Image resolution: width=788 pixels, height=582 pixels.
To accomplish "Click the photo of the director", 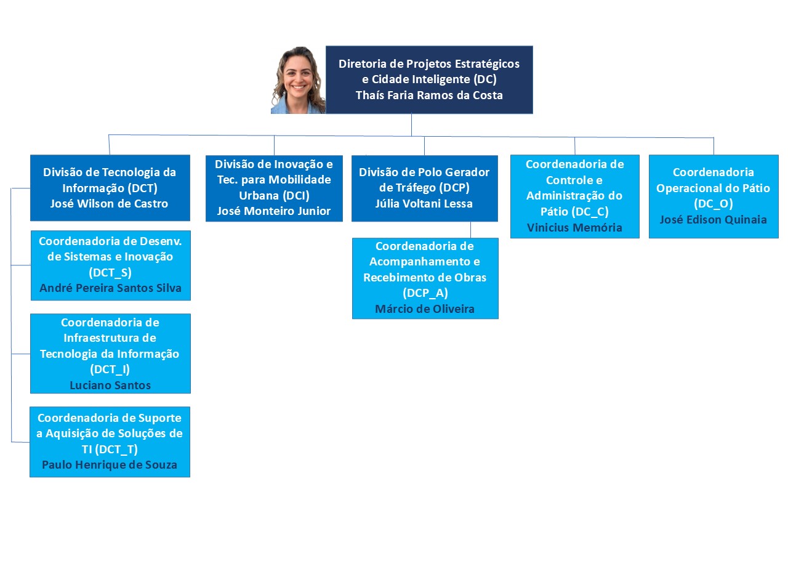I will click(298, 80).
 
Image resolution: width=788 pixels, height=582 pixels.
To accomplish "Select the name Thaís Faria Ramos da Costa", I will click(429, 95).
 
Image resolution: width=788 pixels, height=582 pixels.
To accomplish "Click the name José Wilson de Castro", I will click(110, 204).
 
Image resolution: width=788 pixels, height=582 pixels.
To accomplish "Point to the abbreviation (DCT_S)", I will click(111, 272).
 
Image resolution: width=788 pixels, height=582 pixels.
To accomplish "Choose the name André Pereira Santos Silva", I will click(111, 288).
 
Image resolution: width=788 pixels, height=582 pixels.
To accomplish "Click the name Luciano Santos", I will click(110, 385).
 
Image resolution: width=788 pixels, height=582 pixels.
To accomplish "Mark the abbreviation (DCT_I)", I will click(110, 370).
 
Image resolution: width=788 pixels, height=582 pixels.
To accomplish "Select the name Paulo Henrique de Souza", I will click(110, 464).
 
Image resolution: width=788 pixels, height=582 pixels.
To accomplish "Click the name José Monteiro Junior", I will click(274, 211).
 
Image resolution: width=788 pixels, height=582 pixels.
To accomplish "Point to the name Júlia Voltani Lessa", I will click(424, 203).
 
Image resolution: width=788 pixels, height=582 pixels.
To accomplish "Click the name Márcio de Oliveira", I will click(425, 309).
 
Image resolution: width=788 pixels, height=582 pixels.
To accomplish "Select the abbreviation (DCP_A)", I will click(425, 293).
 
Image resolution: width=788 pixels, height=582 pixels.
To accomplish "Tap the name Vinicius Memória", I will click(574, 227).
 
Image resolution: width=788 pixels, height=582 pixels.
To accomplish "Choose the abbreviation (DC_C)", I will click(575, 212).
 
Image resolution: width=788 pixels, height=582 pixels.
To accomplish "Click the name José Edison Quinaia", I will click(714, 219).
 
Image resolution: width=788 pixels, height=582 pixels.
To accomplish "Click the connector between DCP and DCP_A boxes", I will click(471, 230).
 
